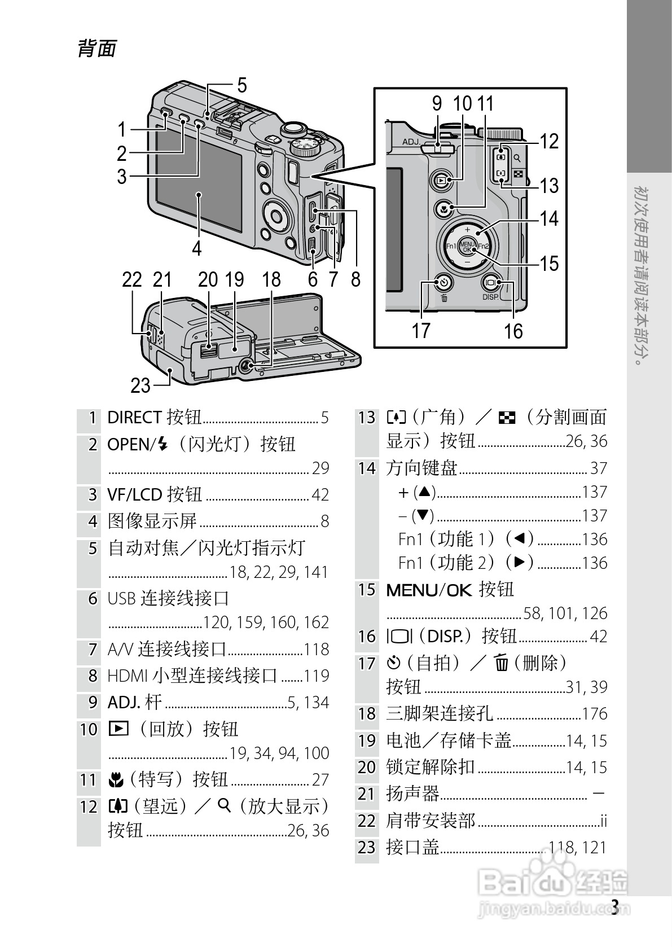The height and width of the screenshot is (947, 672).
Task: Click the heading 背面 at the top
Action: pyautogui.click(x=97, y=49)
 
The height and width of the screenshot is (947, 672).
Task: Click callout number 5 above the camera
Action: pyautogui.click(x=242, y=86)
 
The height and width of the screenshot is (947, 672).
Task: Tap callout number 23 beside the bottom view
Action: pyautogui.click(x=140, y=386)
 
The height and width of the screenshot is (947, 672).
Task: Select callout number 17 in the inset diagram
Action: pyautogui.click(x=421, y=331)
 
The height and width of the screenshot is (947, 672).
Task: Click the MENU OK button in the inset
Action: pyautogui.click(x=467, y=247)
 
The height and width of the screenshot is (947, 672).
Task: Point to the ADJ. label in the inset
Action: pyautogui.click(x=411, y=142)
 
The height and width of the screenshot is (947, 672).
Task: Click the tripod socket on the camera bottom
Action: pyautogui.click(x=246, y=366)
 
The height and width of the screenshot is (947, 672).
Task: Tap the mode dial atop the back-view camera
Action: pyautogui.click(x=305, y=146)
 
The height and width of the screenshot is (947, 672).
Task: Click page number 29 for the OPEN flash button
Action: pyautogui.click(x=320, y=468)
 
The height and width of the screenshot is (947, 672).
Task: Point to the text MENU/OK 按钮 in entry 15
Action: pyautogui.click(x=450, y=590)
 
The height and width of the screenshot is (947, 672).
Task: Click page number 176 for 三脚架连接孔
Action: pyautogui.click(x=595, y=714)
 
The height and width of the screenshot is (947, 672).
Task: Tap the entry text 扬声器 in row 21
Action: pyautogui.click(x=412, y=794)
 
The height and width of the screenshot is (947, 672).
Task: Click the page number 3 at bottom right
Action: pyautogui.click(x=615, y=906)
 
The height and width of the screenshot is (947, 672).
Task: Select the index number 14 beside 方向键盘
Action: pyautogui.click(x=367, y=468)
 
